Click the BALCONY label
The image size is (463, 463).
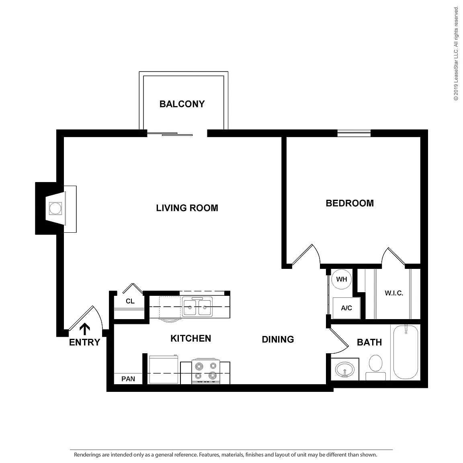pyautogui.click(x=182, y=104)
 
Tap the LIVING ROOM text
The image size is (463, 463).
pyautogui.click(x=187, y=208)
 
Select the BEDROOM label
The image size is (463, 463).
pyautogui.click(x=350, y=203)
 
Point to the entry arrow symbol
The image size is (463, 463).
pyautogui.click(x=85, y=329)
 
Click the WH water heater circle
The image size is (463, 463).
pyautogui.click(x=342, y=279)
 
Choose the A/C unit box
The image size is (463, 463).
pyautogui.click(x=346, y=308)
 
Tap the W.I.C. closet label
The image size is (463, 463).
pyautogui.click(x=394, y=293)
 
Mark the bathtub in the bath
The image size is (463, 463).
pyautogui.click(x=406, y=352)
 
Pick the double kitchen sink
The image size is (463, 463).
pyautogui.click(x=197, y=307)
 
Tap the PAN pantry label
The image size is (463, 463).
pyautogui.click(x=128, y=379)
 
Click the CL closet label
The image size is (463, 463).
pyautogui.click(x=130, y=301)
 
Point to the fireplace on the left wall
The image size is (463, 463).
pyautogui.click(x=56, y=209)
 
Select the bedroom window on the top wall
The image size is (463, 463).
pyautogui.click(x=354, y=133)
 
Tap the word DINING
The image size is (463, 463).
pyautogui.click(x=278, y=339)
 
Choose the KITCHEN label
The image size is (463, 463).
pyautogui.click(x=191, y=338)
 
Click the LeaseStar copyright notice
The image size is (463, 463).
pyautogui.click(x=456, y=53)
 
